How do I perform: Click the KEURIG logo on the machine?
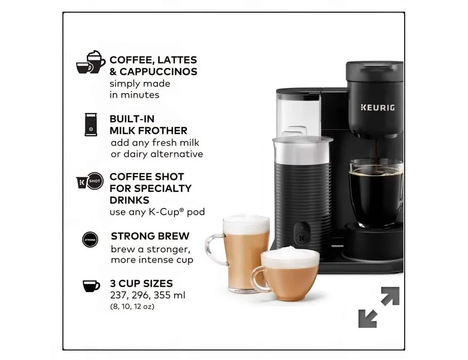pyautogui.click(x=377, y=107)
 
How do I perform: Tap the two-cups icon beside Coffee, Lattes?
pyautogui.click(x=91, y=62)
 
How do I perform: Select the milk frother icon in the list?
pyautogui.click(x=91, y=125)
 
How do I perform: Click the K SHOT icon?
pyautogui.click(x=90, y=181)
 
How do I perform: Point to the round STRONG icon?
pyautogui.click(x=90, y=240)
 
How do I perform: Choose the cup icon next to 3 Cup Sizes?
pyautogui.click(x=91, y=286)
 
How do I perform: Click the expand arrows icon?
pyautogui.click(x=379, y=307)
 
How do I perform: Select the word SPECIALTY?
pyautogui.click(x=164, y=189)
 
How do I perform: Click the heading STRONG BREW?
pyautogui.click(x=150, y=236)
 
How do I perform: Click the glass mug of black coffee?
pyautogui.click(x=375, y=192)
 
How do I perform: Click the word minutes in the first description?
pyautogui.click(x=139, y=95)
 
